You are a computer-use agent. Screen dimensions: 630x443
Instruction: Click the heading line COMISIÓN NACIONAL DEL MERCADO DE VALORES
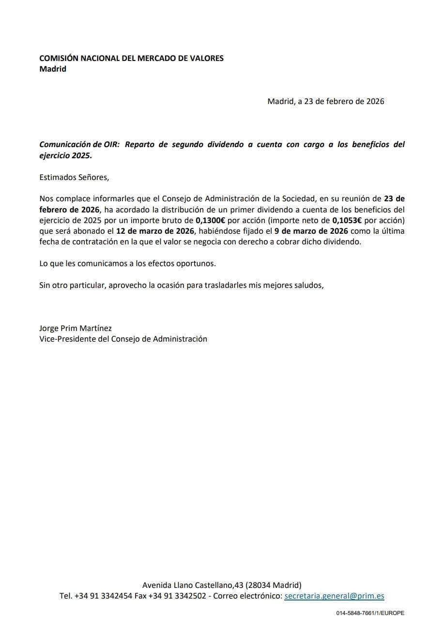[131, 58]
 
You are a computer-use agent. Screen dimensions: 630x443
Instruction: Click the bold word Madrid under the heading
[53, 69]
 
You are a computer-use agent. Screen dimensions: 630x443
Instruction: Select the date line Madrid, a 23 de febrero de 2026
[325, 102]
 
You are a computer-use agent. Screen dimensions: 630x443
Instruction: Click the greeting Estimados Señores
[74, 177]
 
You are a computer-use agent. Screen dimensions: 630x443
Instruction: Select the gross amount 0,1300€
[210, 220]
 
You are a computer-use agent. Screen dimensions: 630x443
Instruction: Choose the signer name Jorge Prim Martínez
[76, 328]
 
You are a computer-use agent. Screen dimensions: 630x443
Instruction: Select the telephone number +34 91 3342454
[103, 596]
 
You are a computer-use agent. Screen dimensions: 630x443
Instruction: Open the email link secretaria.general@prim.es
[334, 596]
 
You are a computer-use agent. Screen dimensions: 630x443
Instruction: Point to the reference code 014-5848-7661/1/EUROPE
[370, 613]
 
